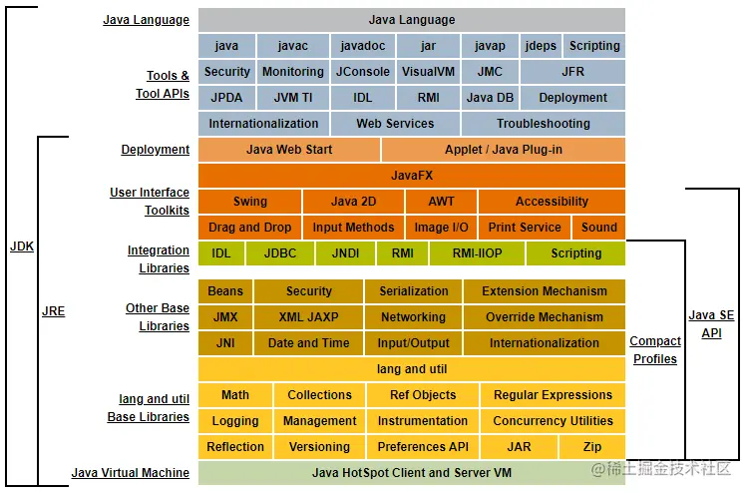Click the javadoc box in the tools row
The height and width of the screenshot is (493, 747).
click(362, 46)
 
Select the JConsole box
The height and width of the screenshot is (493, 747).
click(362, 72)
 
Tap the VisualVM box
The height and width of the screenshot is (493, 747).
click(429, 72)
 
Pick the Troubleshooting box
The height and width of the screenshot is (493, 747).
click(543, 124)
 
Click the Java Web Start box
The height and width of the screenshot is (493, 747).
click(289, 150)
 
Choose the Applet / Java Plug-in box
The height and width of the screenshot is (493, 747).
click(504, 150)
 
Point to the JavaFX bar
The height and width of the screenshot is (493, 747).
click(412, 176)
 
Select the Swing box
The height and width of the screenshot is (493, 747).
click(250, 202)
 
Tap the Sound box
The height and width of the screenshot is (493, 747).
click(599, 228)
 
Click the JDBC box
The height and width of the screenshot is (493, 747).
click(280, 253)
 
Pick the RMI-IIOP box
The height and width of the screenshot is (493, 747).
click(479, 253)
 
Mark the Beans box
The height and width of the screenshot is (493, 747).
click(225, 291)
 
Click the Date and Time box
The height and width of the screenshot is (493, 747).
click(308, 343)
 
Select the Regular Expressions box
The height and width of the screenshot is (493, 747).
click(553, 395)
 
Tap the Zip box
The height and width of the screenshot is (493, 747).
click(592, 447)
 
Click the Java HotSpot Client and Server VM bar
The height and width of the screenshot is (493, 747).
click(412, 473)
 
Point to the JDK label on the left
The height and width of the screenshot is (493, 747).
click(22, 246)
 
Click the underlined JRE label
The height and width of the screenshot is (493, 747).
click(53, 311)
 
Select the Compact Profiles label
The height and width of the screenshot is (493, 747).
click(655, 350)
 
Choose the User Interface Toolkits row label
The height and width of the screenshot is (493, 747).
click(150, 202)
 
